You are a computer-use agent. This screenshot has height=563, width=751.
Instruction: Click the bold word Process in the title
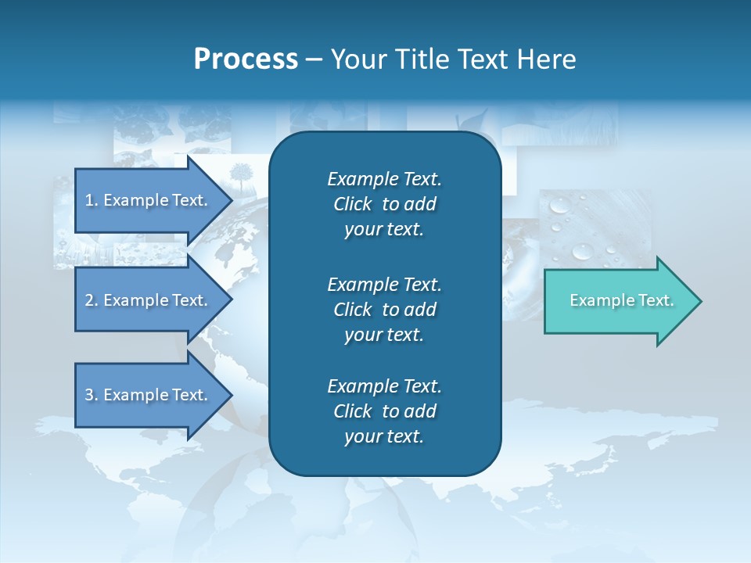point(246,59)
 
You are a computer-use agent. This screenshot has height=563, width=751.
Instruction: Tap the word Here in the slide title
point(547,59)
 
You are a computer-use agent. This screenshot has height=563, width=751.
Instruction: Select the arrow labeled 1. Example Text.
point(149,200)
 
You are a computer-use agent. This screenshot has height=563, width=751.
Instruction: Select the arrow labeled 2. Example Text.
point(149,300)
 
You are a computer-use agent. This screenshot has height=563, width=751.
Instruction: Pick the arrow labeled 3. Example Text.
point(149,395)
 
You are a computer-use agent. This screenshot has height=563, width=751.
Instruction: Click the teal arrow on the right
point(618,301)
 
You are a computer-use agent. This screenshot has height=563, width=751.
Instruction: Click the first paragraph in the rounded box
point(384,204)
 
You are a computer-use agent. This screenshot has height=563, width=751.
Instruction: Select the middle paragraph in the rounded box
point(384,310)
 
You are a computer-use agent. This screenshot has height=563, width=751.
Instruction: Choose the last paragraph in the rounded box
point(384,411)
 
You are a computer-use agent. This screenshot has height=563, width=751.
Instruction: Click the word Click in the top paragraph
point(352,204)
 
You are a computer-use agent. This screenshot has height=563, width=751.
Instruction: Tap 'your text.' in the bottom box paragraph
point(384,437)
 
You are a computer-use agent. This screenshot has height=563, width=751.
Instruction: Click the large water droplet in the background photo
point(582,251)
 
